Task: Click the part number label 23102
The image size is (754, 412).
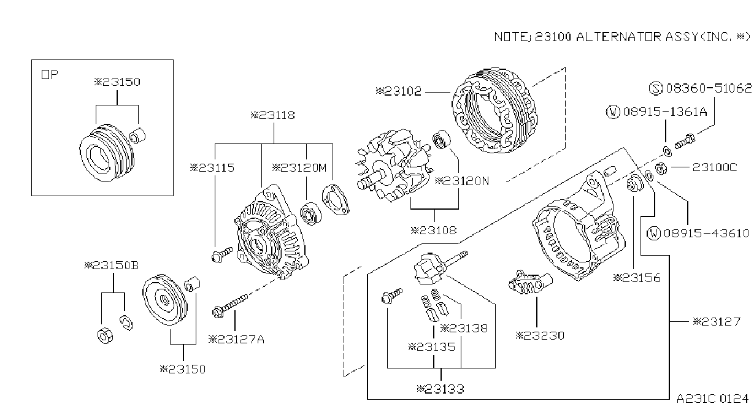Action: [x=399, y=91]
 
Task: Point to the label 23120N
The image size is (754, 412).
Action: [x=462, y=181]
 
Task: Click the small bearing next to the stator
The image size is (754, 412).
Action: [x=441, y=140]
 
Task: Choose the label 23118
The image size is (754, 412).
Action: [x=273, y=115]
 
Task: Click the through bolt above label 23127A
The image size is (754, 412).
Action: [x=230, y=306]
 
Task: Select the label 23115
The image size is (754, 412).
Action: [x=212, y=167]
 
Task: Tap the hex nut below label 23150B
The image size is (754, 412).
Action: [x=105, y=335]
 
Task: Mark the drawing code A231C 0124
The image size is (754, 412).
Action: [x=712, y=399]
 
